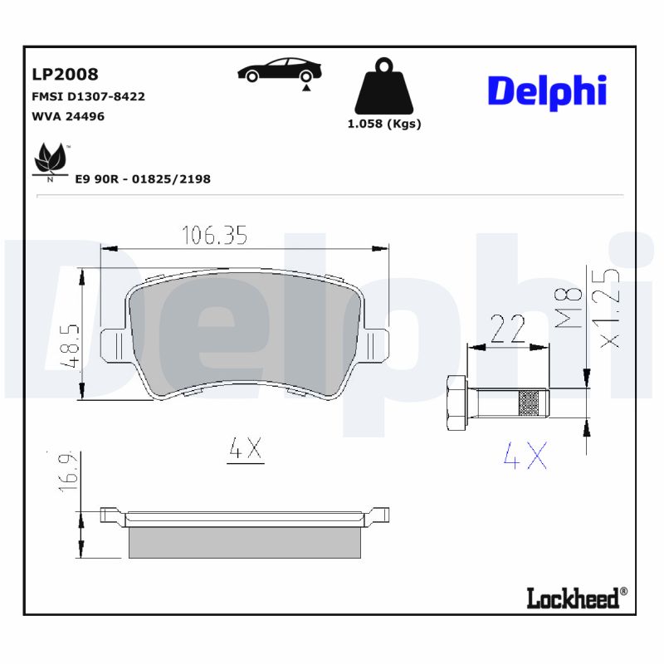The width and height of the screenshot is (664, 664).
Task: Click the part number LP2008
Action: tap(65, 75)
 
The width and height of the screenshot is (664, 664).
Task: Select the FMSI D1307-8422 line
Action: tap(88, 96)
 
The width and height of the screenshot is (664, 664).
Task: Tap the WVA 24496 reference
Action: tap(68, 116)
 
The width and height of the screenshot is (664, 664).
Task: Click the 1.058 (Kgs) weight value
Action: tap(383, 124)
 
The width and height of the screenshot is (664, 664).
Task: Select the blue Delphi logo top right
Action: tap(547, 90)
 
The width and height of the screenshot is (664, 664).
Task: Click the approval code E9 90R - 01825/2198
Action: tap(142, 178)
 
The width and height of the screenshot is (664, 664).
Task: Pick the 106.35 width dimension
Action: tap(214, 236)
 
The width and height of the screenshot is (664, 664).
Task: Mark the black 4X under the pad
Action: tap(246, 449)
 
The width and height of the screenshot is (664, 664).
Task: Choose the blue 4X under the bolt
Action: tap(526, 455)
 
